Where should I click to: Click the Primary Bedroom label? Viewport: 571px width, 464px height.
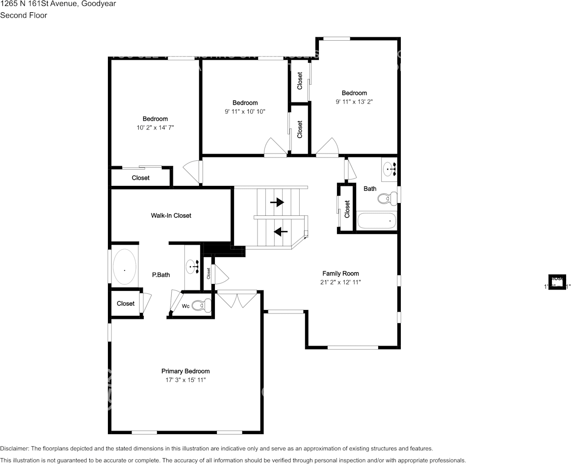[x=185, y=371]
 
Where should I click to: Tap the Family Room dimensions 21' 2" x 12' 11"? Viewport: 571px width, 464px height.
[x=340, y=283]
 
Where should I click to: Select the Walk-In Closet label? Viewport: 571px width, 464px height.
[x=171, y=215]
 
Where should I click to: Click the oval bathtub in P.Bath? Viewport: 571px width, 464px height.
[x=125, y=267]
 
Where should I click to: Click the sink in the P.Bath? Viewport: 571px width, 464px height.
[x=192, y=267]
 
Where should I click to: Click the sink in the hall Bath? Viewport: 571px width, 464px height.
[x=390, y=169]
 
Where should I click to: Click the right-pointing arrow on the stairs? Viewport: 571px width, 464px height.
[x=277, y=202]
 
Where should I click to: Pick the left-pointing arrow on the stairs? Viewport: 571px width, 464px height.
[x=281, y=231]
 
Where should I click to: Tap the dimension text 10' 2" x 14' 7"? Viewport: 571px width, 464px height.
[x=155, y=128]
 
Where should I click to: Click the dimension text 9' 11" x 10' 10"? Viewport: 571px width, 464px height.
[x=245, y=111]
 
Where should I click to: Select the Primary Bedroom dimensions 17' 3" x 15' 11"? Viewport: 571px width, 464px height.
[x=185, y=380]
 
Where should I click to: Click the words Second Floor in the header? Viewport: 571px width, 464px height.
[x=24, y=15]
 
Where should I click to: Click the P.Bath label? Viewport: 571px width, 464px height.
[x=161, y=275]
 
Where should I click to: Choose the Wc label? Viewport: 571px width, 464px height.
[x=186, y=306]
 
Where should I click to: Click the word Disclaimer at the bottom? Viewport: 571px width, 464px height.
[x=14, y=448]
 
